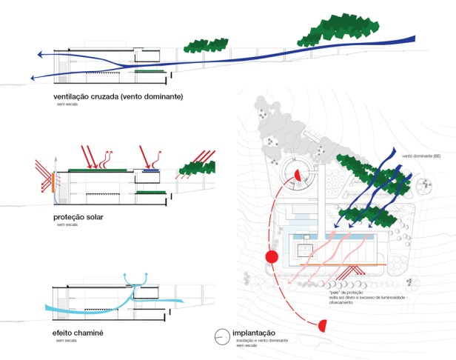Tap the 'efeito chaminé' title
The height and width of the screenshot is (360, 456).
78,333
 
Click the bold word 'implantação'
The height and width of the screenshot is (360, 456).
254,333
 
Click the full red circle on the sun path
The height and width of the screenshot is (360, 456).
271,257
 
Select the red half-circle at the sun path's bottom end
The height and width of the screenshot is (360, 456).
323,325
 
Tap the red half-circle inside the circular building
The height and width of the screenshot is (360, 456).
298,174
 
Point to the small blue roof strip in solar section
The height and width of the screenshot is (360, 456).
150,170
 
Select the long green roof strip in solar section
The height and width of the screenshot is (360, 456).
100,170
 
